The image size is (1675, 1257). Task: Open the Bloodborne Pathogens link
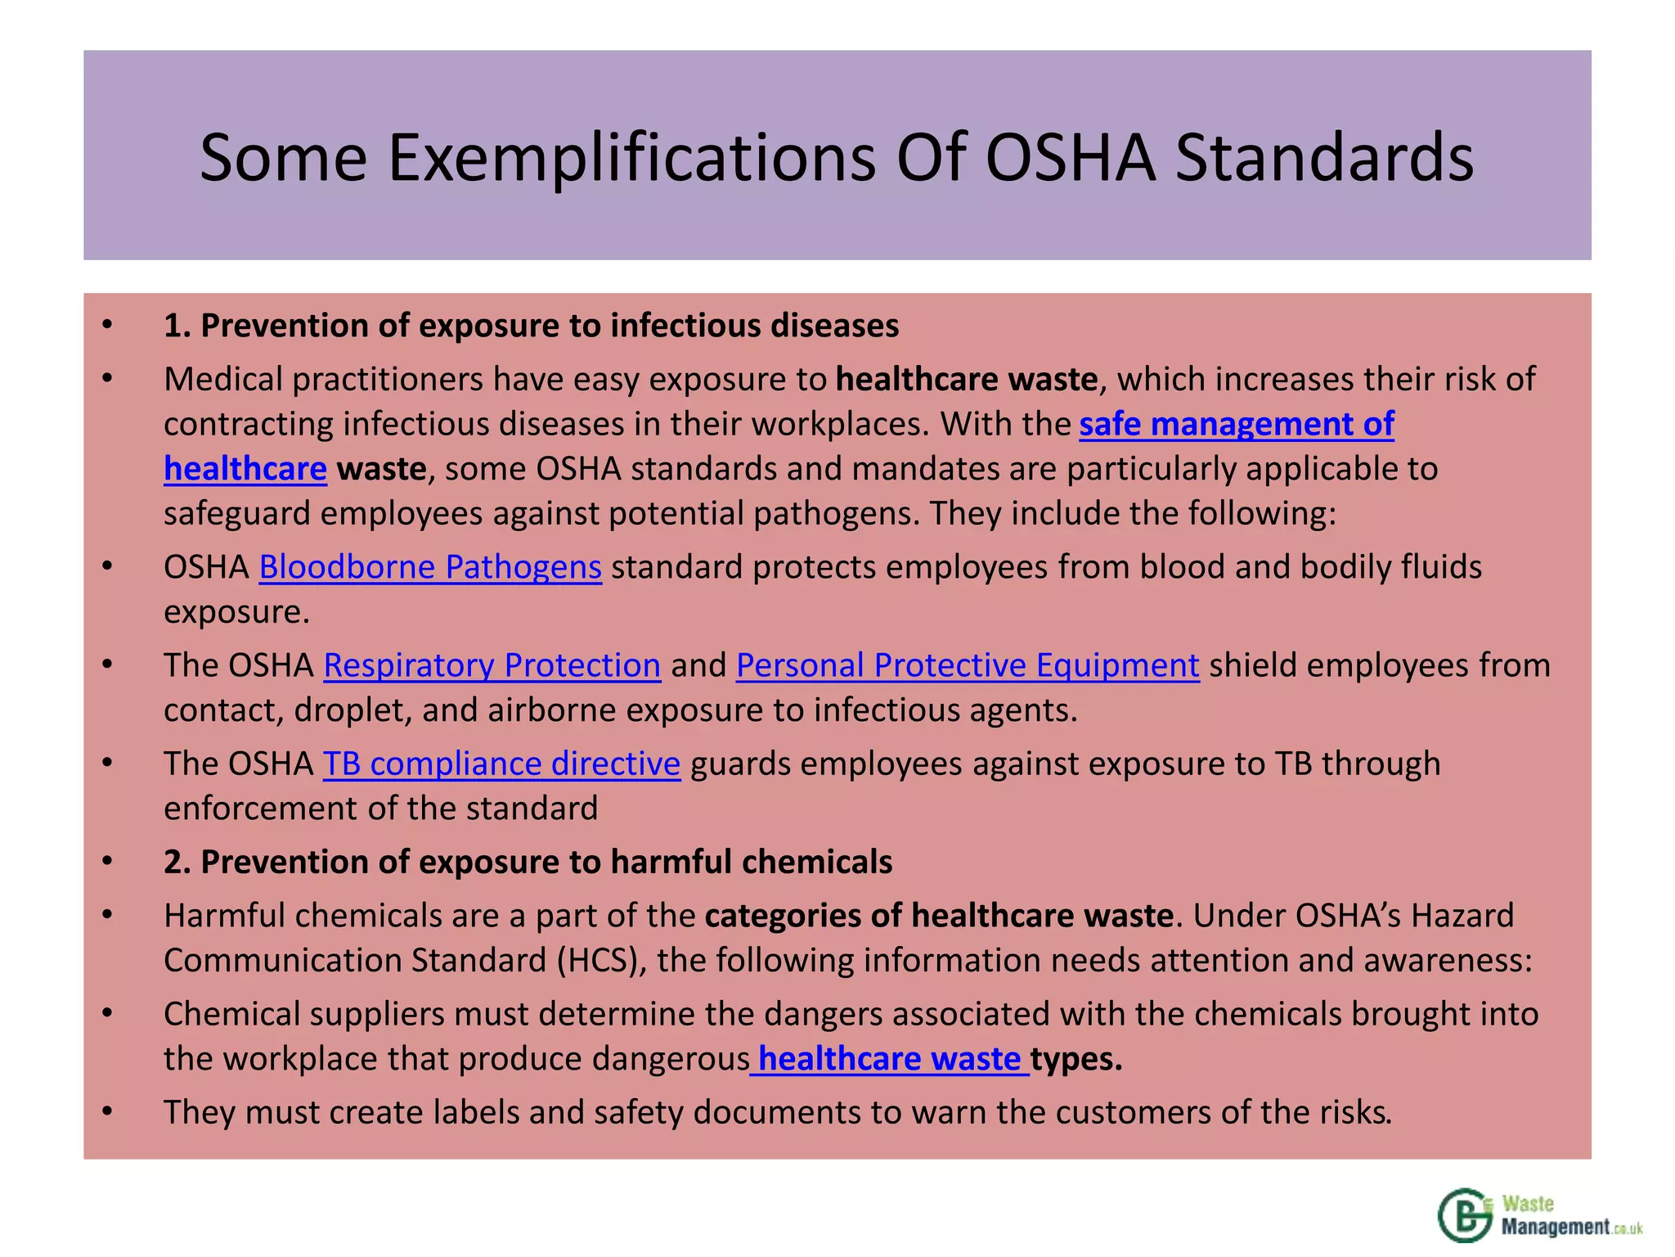(x=430, y=567)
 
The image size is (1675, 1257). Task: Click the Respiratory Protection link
(x=492, y=665)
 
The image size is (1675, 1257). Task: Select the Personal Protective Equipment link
(x=968, y=665)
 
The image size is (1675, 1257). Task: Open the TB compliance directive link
(x=501, y=764)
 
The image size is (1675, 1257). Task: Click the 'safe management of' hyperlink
(x=1236, y=424)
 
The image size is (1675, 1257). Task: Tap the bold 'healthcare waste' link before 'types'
(x=889, y=1059)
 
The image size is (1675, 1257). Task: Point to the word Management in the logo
(x=1554, y=1227)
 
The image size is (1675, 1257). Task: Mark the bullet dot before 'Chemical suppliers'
(x=107, y=1013)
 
